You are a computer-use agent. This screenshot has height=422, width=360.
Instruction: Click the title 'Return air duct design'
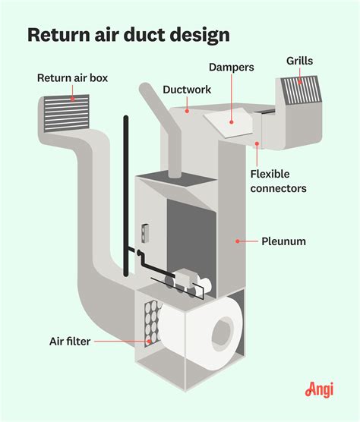point(129,35)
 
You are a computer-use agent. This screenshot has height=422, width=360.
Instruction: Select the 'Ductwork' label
point(187,90)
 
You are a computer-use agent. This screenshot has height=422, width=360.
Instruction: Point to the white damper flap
point(229,115)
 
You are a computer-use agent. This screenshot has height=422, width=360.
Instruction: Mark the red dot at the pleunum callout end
point(238,241)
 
